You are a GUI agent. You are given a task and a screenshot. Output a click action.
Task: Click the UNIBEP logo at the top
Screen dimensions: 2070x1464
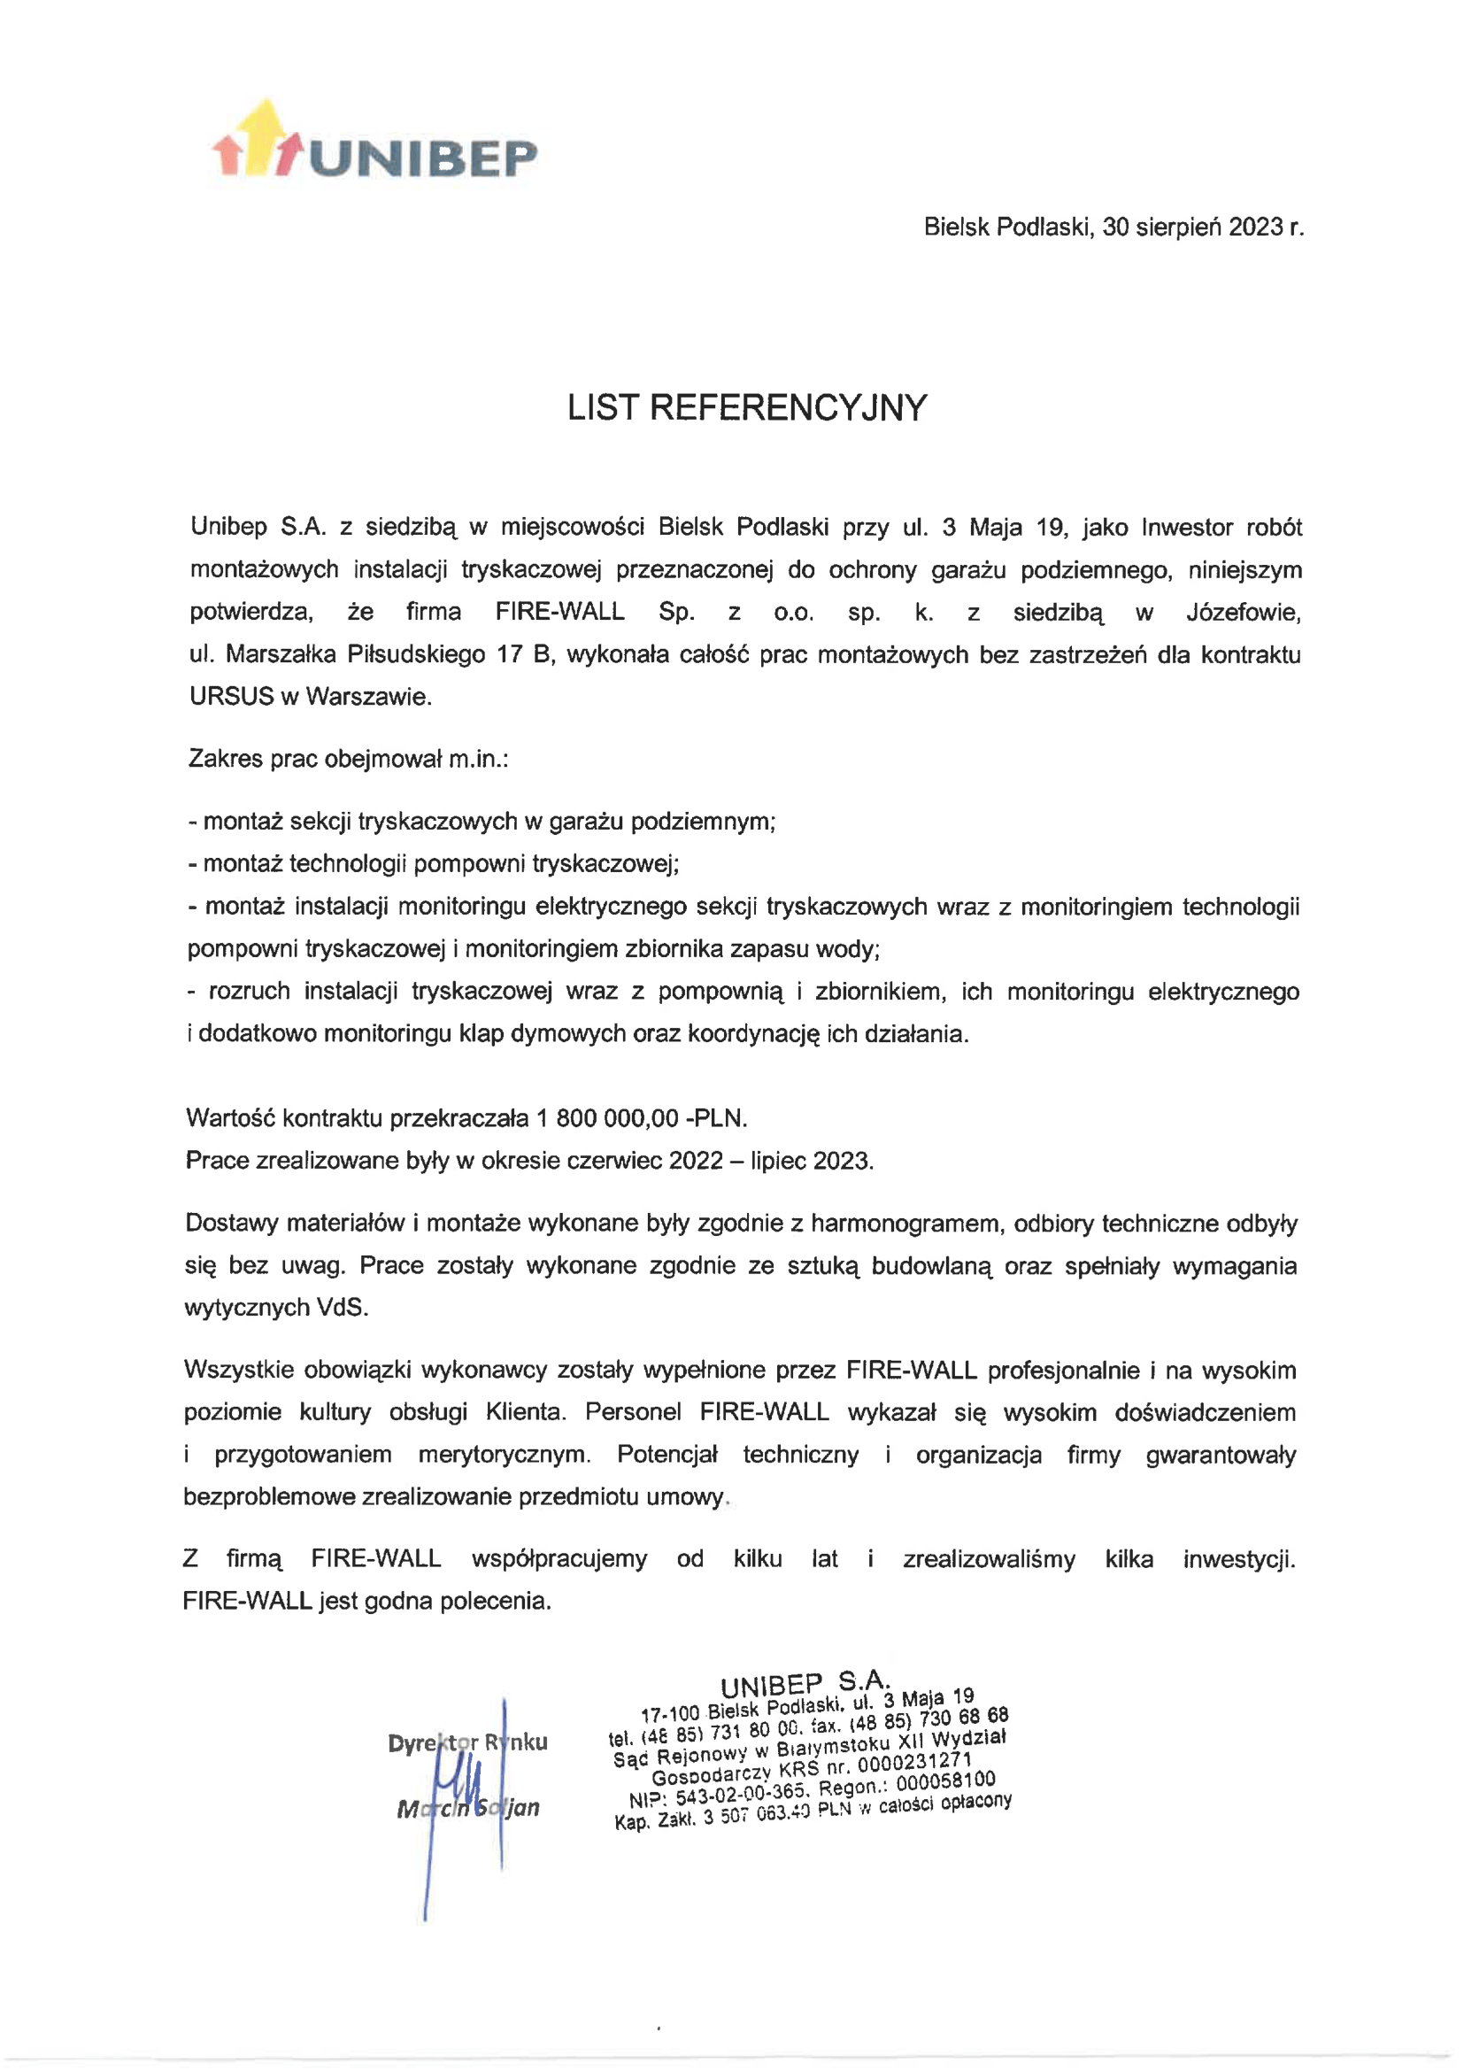pos(374,144)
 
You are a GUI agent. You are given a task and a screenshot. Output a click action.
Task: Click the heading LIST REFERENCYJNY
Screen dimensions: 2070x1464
pos(746,408)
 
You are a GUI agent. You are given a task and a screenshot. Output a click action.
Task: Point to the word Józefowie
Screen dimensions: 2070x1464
pos(1243,612)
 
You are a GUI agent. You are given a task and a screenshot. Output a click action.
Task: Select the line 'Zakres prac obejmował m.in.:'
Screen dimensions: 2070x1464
pos(348,759)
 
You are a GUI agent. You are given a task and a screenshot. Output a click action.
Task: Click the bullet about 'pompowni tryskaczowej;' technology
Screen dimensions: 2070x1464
pos(433,864)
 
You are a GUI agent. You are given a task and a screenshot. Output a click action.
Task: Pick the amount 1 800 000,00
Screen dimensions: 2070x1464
pos(606,1119)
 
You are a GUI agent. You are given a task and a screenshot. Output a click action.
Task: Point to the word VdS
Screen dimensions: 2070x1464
pos(342,1309)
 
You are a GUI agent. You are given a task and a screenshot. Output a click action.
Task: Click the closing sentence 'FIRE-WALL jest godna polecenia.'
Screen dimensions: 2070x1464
pos(366,1601)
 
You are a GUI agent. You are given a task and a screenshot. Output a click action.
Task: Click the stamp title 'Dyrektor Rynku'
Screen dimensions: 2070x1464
pos(467,1742)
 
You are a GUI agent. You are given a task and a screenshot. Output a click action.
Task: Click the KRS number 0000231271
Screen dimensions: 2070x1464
pos(914,1763)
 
